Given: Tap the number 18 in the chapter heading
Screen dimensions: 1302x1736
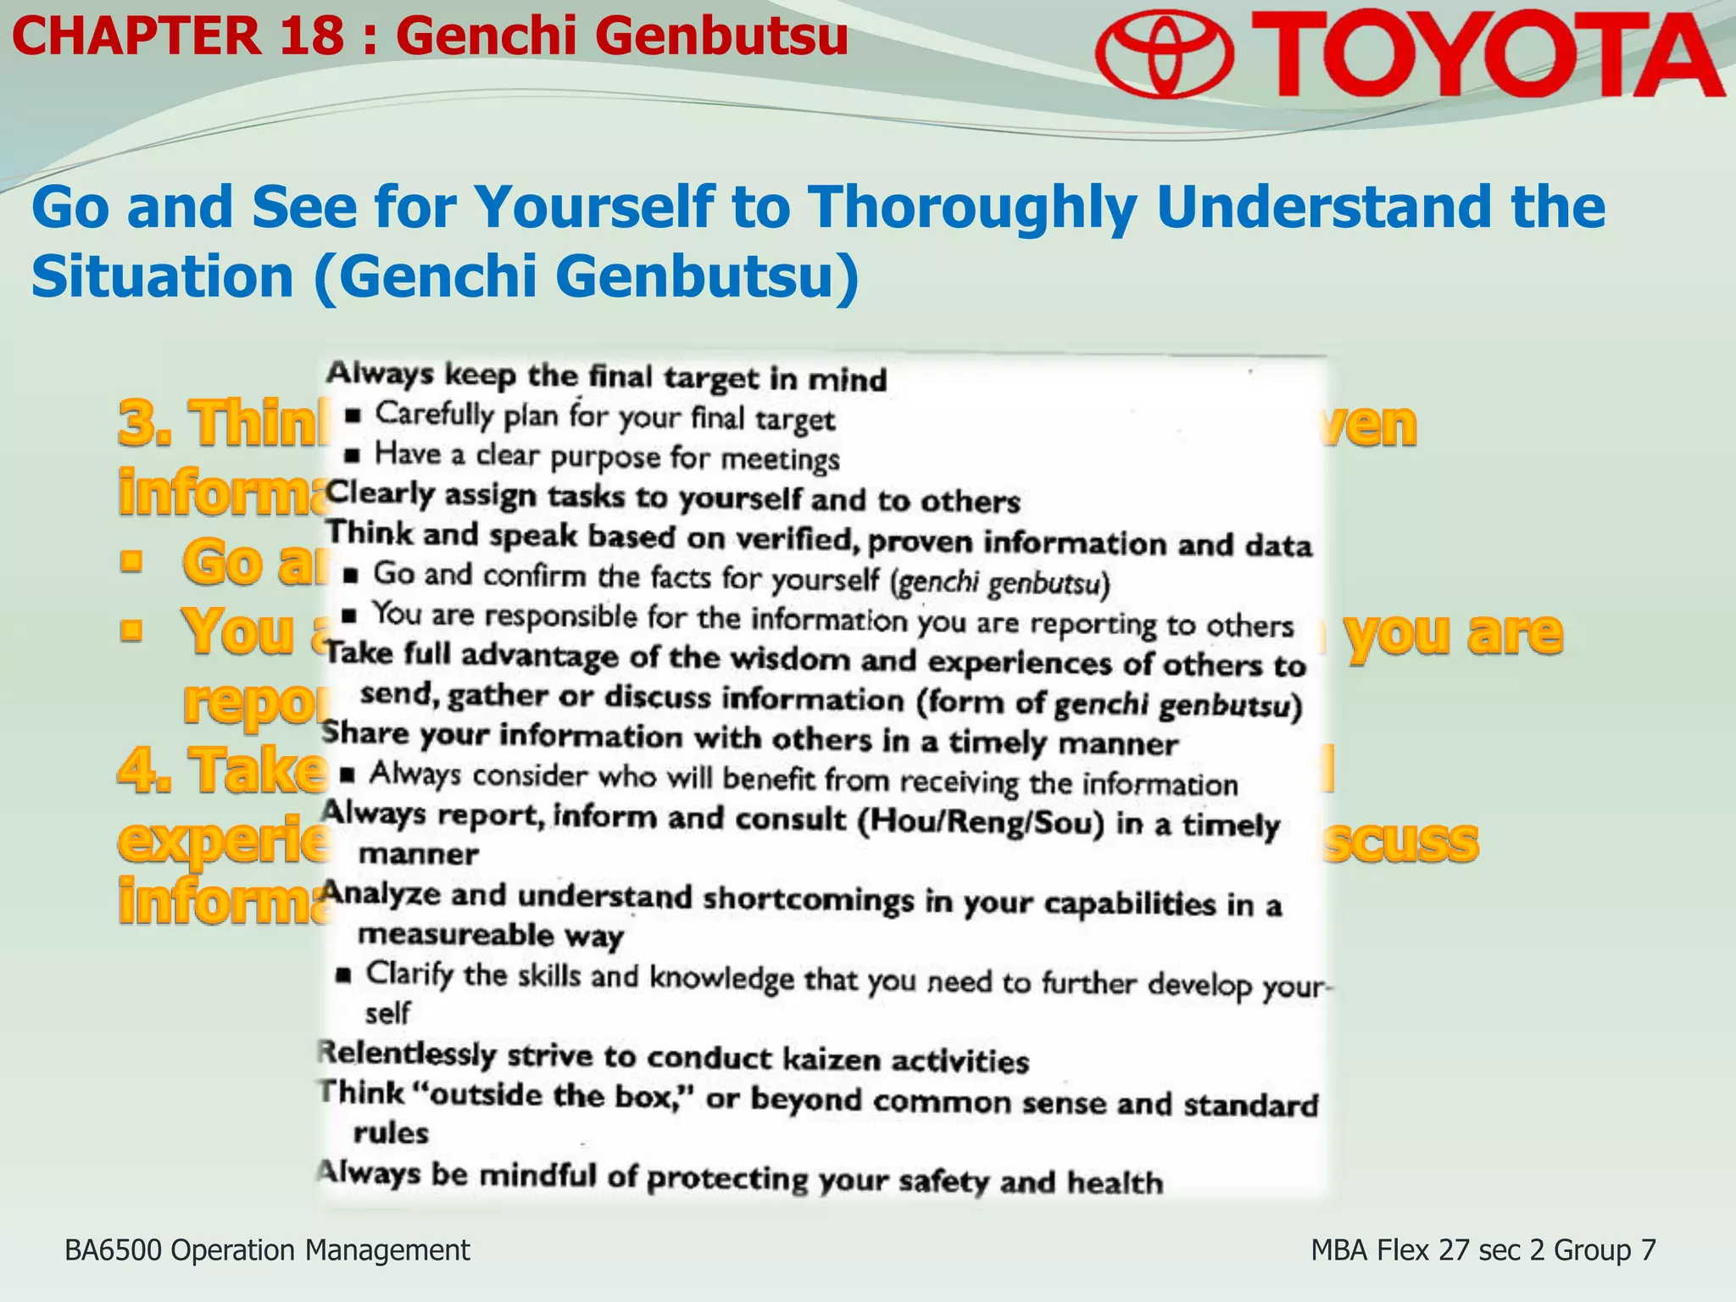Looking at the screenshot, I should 311,37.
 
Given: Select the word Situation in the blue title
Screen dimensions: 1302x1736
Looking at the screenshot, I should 162,278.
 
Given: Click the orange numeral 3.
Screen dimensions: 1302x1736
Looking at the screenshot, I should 141,423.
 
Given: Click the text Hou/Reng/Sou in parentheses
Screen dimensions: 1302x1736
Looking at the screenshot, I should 981,823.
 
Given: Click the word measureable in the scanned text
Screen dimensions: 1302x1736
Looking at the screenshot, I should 455,934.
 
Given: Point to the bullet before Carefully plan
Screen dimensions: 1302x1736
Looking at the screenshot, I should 353,416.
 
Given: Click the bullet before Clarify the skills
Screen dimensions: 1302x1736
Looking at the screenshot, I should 343,975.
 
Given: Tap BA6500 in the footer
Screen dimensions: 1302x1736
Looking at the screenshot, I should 114,1250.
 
